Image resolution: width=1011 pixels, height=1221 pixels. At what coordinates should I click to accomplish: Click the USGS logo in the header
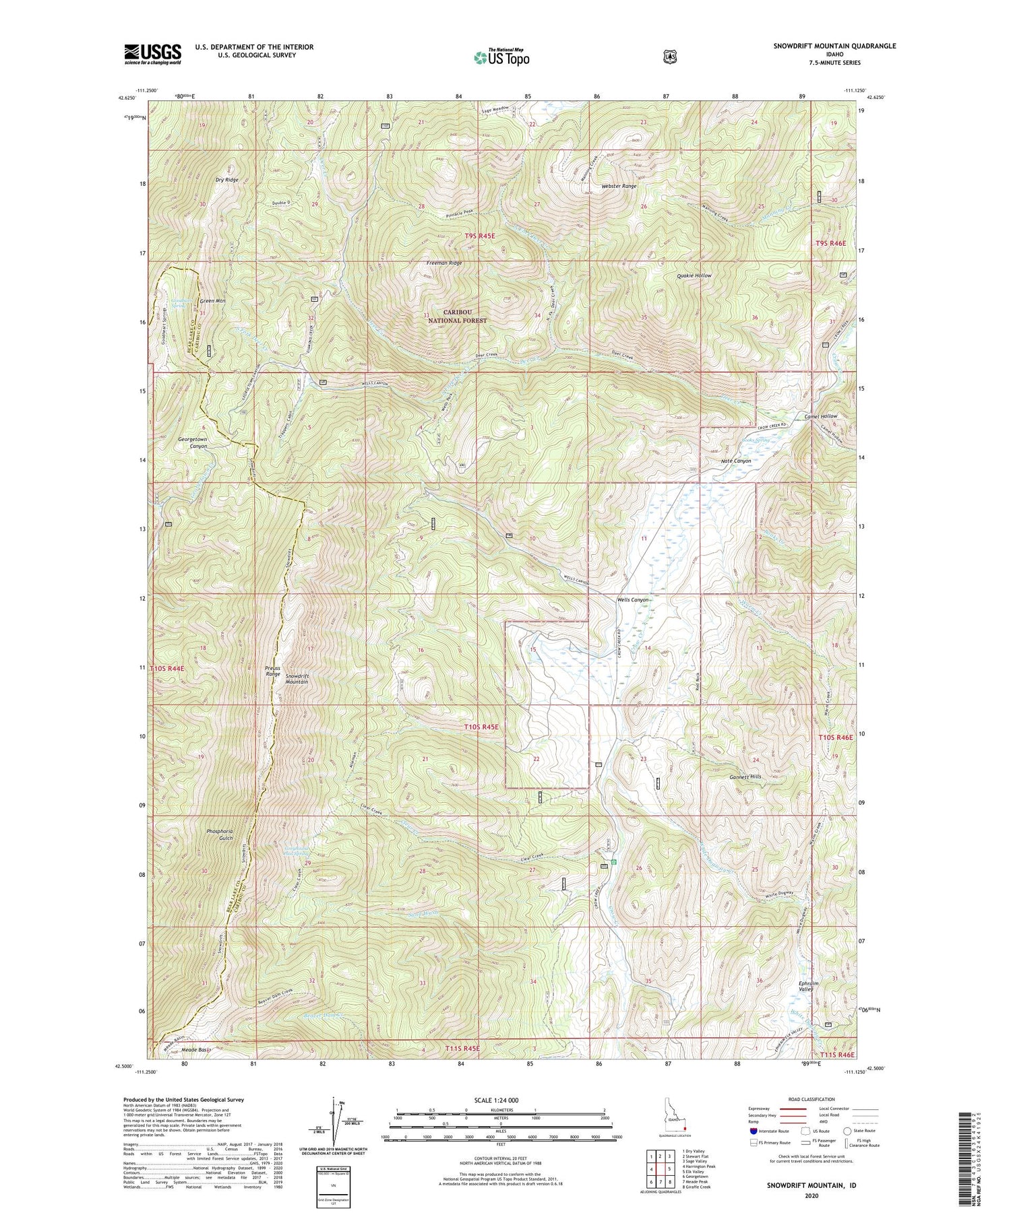[152, 54]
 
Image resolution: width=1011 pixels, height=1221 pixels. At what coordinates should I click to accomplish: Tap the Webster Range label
[619, 186]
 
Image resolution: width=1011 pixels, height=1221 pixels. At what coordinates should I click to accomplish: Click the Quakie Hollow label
[694, 275]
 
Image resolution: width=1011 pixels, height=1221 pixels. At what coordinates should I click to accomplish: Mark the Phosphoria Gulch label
[220, 834]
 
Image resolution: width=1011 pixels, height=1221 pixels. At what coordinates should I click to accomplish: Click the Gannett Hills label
[745, 777]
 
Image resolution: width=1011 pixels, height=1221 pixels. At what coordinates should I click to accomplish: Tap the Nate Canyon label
[735, 461]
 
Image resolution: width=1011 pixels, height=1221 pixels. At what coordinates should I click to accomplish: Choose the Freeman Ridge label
[443, 263]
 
